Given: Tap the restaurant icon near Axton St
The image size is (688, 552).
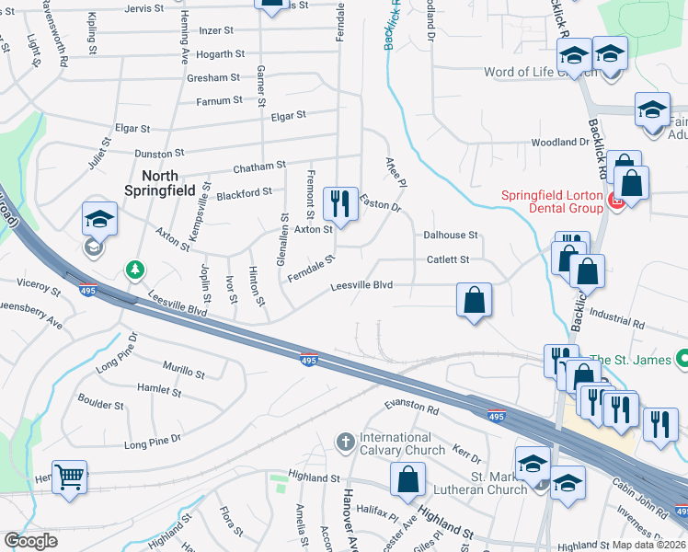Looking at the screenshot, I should click(x=340, y=203).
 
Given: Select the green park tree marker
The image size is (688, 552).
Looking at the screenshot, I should click(x=136, y=269).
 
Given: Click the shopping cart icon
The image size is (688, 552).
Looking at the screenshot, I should click(x=70, y=477).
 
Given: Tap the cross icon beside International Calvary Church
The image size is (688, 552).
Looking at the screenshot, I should click(x=345, y=443).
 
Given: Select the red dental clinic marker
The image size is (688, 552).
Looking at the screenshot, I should click(x=617, y=201).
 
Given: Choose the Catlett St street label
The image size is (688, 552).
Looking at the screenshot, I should click(x=447, y=260).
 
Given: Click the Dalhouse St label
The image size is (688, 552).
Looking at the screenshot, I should click(x=451, y=236).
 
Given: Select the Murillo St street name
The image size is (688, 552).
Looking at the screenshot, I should click(x=183, y=373).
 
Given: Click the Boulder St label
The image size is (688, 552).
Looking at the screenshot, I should click(x=101, y=405).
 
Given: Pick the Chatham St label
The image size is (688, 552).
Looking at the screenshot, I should click(x=259, y=167).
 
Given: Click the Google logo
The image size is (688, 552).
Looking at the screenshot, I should click(x=31, y=541).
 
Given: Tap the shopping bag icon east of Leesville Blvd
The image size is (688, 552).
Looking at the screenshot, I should click(x=474, y=300).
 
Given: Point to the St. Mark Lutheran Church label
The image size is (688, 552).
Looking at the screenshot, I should click(x=499, y=483).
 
